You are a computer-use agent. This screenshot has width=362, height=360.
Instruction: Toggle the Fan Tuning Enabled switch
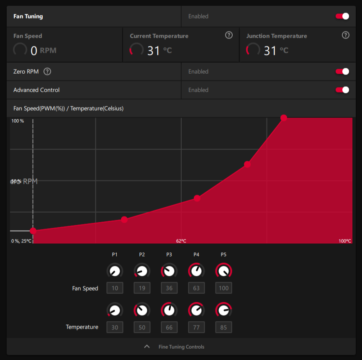tap(342, 16)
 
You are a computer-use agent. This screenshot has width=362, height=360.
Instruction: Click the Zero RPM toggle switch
tap(342, 72)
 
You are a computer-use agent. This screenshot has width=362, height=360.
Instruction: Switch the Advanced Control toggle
tap(342, 90)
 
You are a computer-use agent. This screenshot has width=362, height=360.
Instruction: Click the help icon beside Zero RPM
tap(47, 72)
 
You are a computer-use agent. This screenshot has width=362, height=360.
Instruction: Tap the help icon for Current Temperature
tap(228, 35)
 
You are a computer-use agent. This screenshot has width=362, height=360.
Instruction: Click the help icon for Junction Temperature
tap(345, 35)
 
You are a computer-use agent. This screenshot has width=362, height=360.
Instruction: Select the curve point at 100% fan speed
tap(284, 118)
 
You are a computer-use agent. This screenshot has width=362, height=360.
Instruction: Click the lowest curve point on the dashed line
tap(33, 231)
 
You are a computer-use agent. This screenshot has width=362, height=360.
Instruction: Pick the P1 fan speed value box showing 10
tap(115, 288)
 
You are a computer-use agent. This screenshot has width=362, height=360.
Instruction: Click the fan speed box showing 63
tap(196, 288)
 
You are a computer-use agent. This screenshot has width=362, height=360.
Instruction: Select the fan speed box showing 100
tap(223, 288)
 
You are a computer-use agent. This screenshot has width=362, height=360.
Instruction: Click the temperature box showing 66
tap(169, 327)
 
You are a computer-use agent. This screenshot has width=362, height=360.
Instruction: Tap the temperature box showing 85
tap(223, 327)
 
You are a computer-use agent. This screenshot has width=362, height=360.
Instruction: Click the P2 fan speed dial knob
tap(142, 271)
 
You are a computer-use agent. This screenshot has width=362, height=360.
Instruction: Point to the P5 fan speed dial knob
tap(223, 271)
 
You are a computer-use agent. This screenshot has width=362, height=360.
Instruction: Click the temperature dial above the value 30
tap(115, 310)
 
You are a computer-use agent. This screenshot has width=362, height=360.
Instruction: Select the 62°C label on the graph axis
tap(181, 241)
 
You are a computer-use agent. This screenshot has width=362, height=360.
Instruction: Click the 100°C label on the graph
tap(344, 241)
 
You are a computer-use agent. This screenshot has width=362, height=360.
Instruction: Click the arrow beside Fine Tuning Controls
tap(146, 347)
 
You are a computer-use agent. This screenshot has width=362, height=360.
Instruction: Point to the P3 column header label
tap(169, 255)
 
